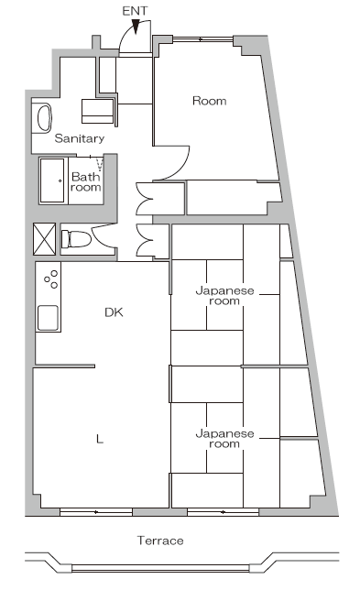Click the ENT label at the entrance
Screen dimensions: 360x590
(135, 11)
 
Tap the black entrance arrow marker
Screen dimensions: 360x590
(136, 27)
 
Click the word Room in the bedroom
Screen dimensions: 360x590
(210, 101)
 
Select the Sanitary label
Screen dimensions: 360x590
(80, 138)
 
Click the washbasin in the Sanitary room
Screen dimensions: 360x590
(44, 118)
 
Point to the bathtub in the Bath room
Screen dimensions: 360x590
(52, 180)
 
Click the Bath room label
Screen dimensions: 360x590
(86, 181)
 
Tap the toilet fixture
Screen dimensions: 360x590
(76, 239)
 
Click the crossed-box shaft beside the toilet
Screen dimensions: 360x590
(44, 239)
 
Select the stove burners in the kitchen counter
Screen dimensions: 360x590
(51, 279)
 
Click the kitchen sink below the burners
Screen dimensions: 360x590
(49, 318)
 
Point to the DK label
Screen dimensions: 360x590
(114, 312)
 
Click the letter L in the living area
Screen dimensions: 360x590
(100, 439)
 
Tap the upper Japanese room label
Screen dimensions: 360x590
(224, 296)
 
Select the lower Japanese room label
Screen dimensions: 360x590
(224, 439)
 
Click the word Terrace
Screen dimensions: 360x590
(160, 541)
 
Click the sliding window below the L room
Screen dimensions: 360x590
(96, 512)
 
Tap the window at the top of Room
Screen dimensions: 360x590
(203, 38)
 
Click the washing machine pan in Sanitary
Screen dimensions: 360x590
(98, 111)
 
